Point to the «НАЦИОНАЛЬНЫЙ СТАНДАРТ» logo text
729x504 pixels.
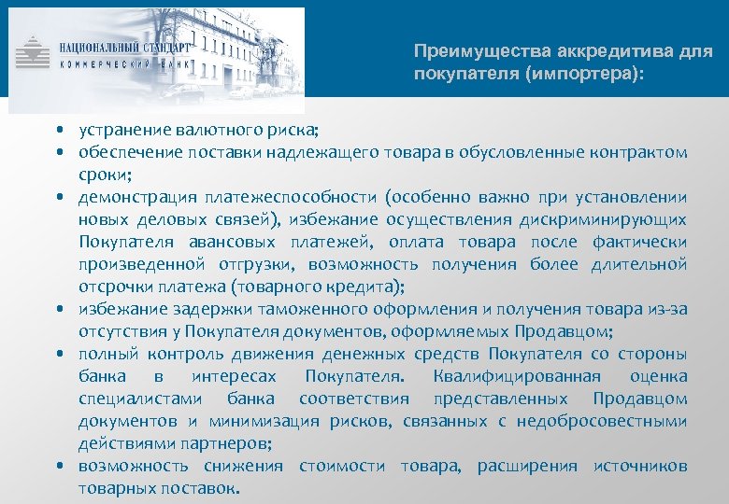124,46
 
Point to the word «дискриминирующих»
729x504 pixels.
608,219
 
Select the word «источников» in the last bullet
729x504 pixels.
640,466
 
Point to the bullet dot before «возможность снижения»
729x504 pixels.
59,466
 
